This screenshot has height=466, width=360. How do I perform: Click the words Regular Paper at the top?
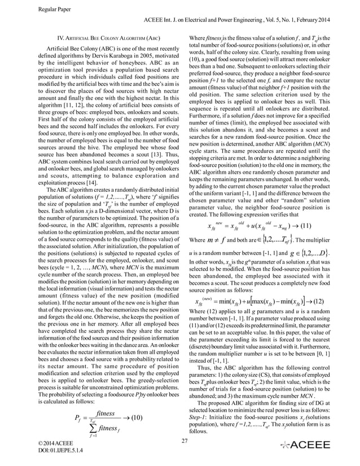(52, 8)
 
